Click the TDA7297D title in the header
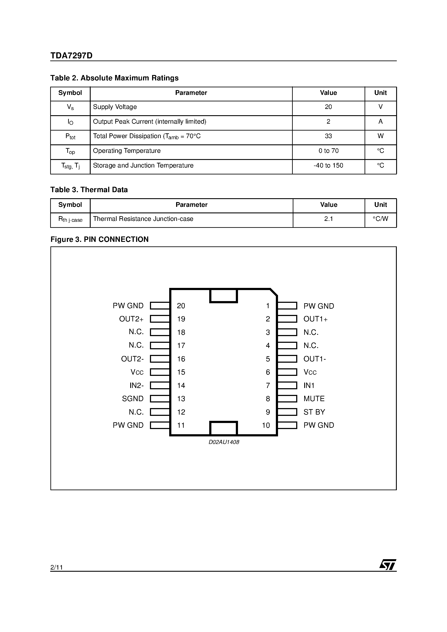click(71, 56)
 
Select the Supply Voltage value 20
click(328, 107)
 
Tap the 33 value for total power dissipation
click(328, 136)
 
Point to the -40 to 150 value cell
click(328, 165)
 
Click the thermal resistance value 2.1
click(328, 219)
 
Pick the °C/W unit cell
click(380, 219)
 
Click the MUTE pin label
click(314, 399)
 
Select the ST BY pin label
click(314, 412)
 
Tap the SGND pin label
click(133, 399)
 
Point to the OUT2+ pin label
click(131, 319)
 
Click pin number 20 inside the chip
click(181, 306)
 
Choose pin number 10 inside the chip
click(266, 425)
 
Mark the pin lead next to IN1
click(287, 385)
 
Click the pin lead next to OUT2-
click(160, 359)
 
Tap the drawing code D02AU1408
click(224, 442)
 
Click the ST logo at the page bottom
click(388, 565)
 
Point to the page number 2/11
click(56, 567)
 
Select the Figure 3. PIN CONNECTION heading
click(100, 239)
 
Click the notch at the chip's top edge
click(223, 296)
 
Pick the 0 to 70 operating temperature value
click(328, 151)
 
